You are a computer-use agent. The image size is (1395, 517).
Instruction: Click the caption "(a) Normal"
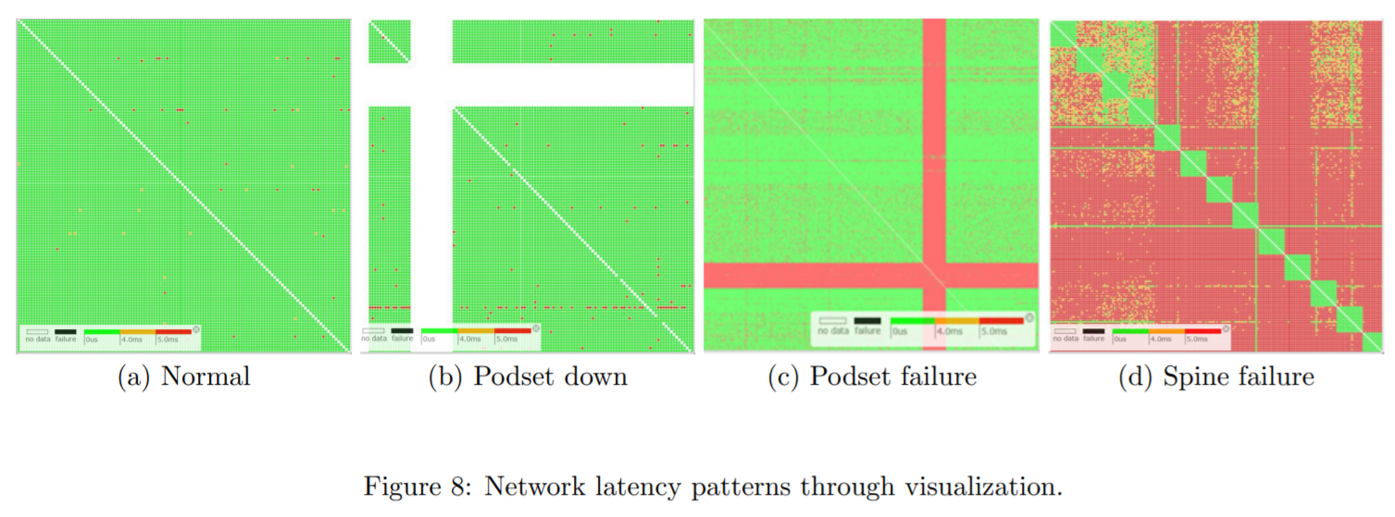(183, 377)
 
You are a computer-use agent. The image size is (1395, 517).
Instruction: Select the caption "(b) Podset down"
(528, 377)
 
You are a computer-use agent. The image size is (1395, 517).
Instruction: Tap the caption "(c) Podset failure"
(872, 377)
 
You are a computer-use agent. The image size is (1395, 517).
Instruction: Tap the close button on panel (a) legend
(196, 328)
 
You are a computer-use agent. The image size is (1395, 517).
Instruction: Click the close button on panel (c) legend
(1027, 317)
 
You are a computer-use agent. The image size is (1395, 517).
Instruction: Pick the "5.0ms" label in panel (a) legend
(168, 339)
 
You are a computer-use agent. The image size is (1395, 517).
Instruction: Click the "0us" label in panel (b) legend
(429, 339)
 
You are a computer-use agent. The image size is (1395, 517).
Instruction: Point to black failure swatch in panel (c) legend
(867, 319)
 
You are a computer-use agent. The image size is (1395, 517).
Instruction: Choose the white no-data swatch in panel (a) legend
(37, 330)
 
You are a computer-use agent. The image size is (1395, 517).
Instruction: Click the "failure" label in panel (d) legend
(1093, 339)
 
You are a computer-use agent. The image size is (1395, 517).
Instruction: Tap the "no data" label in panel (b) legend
(374, 339)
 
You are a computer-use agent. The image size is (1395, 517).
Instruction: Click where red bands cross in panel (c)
(935, 276)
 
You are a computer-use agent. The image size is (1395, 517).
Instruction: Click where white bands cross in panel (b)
(430, 83)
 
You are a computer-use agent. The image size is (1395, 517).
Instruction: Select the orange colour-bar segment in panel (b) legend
(476, 329)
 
